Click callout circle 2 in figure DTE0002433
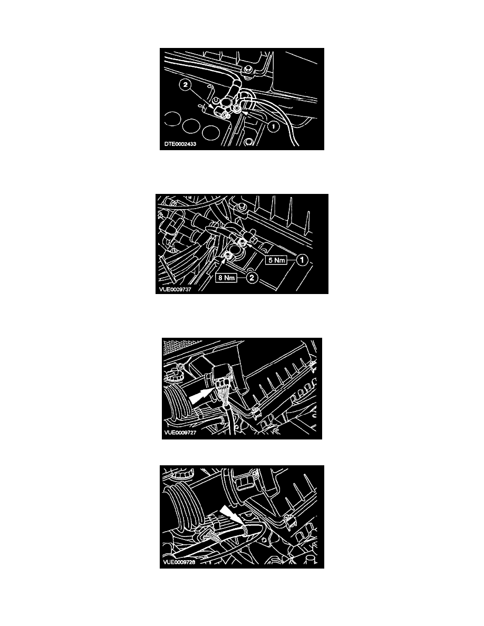tap(185, 85)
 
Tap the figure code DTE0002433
tap(180, 144)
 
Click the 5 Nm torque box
tap(276, 260)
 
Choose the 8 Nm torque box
tap(226, 278)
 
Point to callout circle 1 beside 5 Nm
tap(302, 260)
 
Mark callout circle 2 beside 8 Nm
tap(251, 278)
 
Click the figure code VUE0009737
tap(175, 289)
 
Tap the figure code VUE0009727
tap(180, 433)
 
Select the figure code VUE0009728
tap(179, 562)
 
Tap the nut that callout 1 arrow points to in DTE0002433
tap(237, 108)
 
